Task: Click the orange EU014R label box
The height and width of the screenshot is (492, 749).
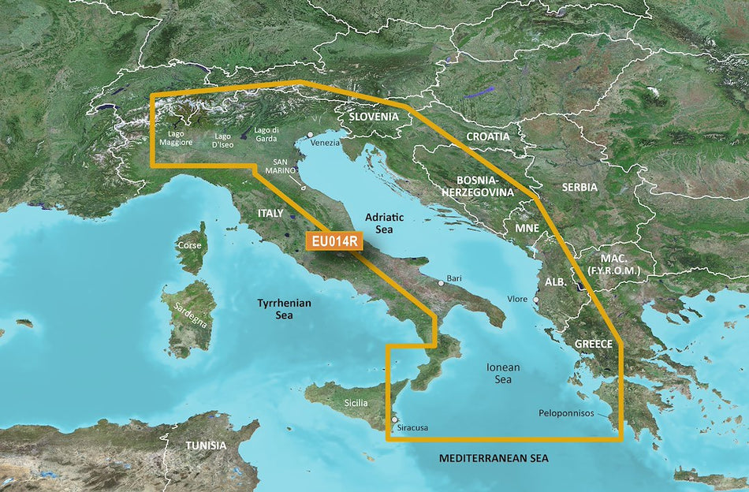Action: pyautogui.click(x=333, y=243)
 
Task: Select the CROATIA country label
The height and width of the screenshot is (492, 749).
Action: pyautogui.click(x=487, y=136)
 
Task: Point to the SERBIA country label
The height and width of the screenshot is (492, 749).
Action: pyautogui.click(x=579, y=188)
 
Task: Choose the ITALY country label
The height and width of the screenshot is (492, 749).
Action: pyautogui.click(x=270, y=214)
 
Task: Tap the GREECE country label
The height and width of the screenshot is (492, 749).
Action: pyautogui.click(x=593, y=345)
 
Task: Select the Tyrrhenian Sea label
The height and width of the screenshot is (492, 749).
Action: pyautogui.click(x=285, y=309)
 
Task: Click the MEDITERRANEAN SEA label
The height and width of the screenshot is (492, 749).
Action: pyautogui.click(x=494, y=458)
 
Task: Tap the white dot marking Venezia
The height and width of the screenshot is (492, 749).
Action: pyautogui.click(x=311, y=135)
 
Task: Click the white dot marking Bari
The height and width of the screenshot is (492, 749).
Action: pyautogui.click(x=442, y=283)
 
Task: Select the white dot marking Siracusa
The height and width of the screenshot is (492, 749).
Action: pyautogui.click(x=395, y=420)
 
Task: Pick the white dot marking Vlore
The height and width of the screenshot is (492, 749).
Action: pyautogui.click(x=537, y=300)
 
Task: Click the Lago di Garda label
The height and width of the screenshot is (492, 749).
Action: pyautogui.click(x=266, y=134)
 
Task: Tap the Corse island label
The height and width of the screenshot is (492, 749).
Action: pyautogui.click(x=189, y=245)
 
